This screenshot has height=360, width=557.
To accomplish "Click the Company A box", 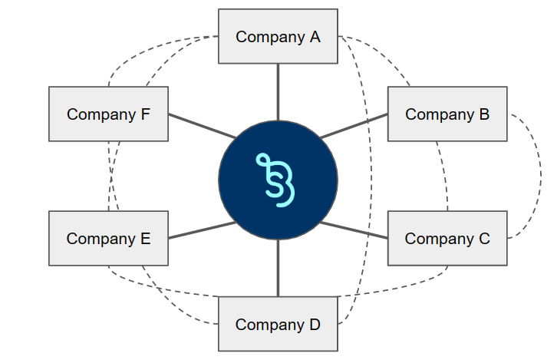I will pyautogui.click(x=278, y=36).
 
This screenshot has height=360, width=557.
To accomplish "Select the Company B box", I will pyautogui.click(x=447, y=114).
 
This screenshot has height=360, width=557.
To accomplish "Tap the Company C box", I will pyautogui.click(x=447, y=238).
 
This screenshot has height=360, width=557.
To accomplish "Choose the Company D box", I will pyautogui.click(x=278, y=324).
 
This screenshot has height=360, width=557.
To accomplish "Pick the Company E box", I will pyautogui.click(x=108, y=238).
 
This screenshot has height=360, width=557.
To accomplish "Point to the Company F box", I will pyautogui.click(x=108, y=114).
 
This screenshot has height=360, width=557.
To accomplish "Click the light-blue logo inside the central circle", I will pyautogui.click(x=276, y=180).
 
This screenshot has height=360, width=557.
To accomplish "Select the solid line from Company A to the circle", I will pyautogui.click(x=278, y=91).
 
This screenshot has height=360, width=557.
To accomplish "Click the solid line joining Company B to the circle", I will pyautogui.click(x=354, y=127).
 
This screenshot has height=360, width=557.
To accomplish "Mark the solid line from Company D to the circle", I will pyautogui.click(x=278, y=268).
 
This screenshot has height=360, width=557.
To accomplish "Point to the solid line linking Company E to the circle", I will pyautogui.click(x=201, y=230).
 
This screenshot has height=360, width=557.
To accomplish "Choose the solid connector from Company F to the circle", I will pyautogui.click(x=201, y=127).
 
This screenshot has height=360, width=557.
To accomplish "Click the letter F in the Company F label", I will pyautogui.click(x=145, y=114).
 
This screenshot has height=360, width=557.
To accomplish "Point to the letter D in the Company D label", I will pyautogui.click(x=315, y=325).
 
